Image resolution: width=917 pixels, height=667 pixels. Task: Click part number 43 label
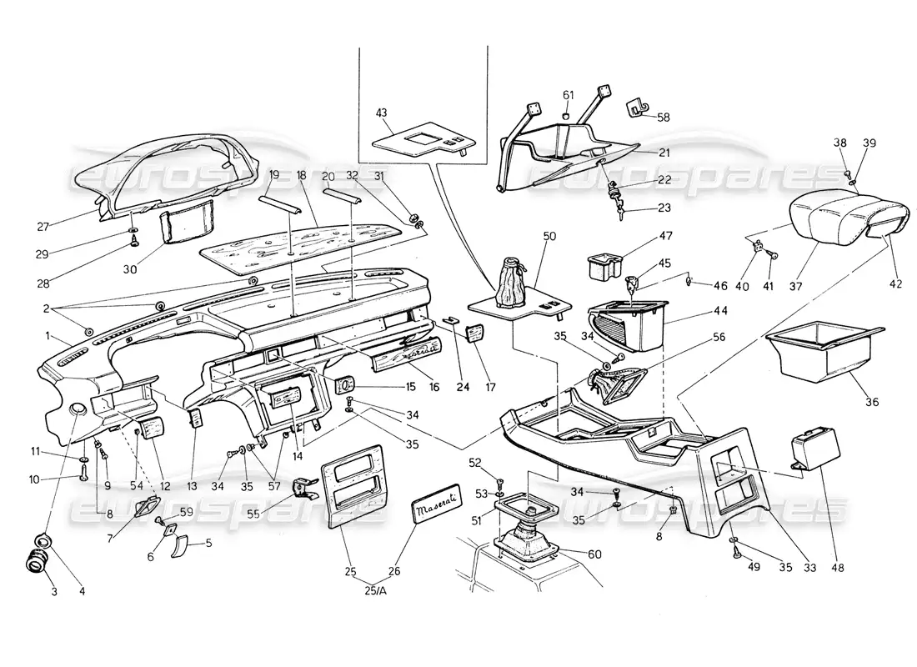pyautogui.click(x=382, y=113)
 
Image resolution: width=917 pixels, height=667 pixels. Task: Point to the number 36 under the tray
pyautogui.click(x=872, y=402)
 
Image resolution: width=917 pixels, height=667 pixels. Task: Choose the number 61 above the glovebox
pyautogui.click(x=567, y=94)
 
